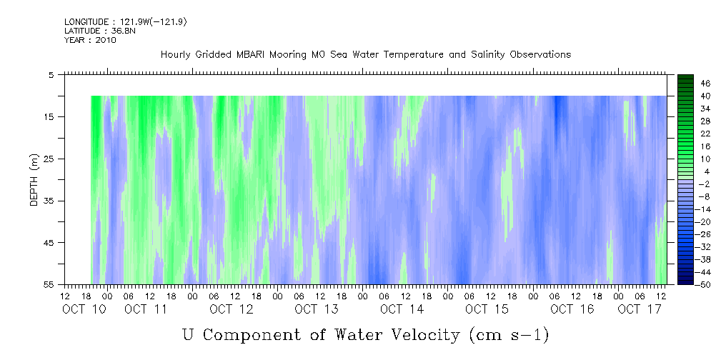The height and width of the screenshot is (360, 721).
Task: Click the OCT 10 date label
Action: pos(84,309)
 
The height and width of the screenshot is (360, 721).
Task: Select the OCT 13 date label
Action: pos(317,309)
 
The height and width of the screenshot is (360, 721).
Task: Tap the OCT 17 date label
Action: pos(640,309)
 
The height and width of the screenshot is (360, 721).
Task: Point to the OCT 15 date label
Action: pos(487,309)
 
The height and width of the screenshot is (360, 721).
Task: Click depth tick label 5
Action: pos(51,74)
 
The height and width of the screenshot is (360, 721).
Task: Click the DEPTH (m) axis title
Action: pos(34,180)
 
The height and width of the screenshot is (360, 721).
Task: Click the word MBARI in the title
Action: pos(250,55)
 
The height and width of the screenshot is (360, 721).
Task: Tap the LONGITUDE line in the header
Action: pos(126,22)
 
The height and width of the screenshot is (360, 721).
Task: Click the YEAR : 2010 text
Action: pos(91,40)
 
